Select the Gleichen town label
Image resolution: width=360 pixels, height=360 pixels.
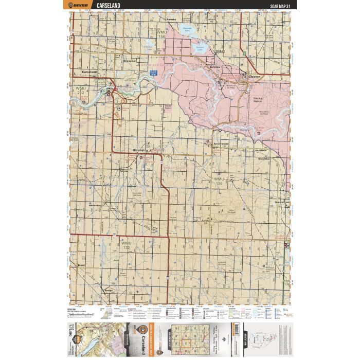coord(255,77)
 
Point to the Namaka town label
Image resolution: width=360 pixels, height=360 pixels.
coord(171,19)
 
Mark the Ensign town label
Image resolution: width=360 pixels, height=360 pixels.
coord(108,290)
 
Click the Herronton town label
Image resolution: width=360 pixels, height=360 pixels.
coord(94,205)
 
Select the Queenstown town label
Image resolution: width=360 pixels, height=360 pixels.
coord(282,202)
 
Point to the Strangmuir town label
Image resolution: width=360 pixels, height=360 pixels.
coord(130,61)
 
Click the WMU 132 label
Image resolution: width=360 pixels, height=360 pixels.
coord(126,243)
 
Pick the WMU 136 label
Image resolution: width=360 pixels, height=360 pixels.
coord(219,181)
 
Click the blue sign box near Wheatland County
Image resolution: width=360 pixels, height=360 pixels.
coord(153,74)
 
